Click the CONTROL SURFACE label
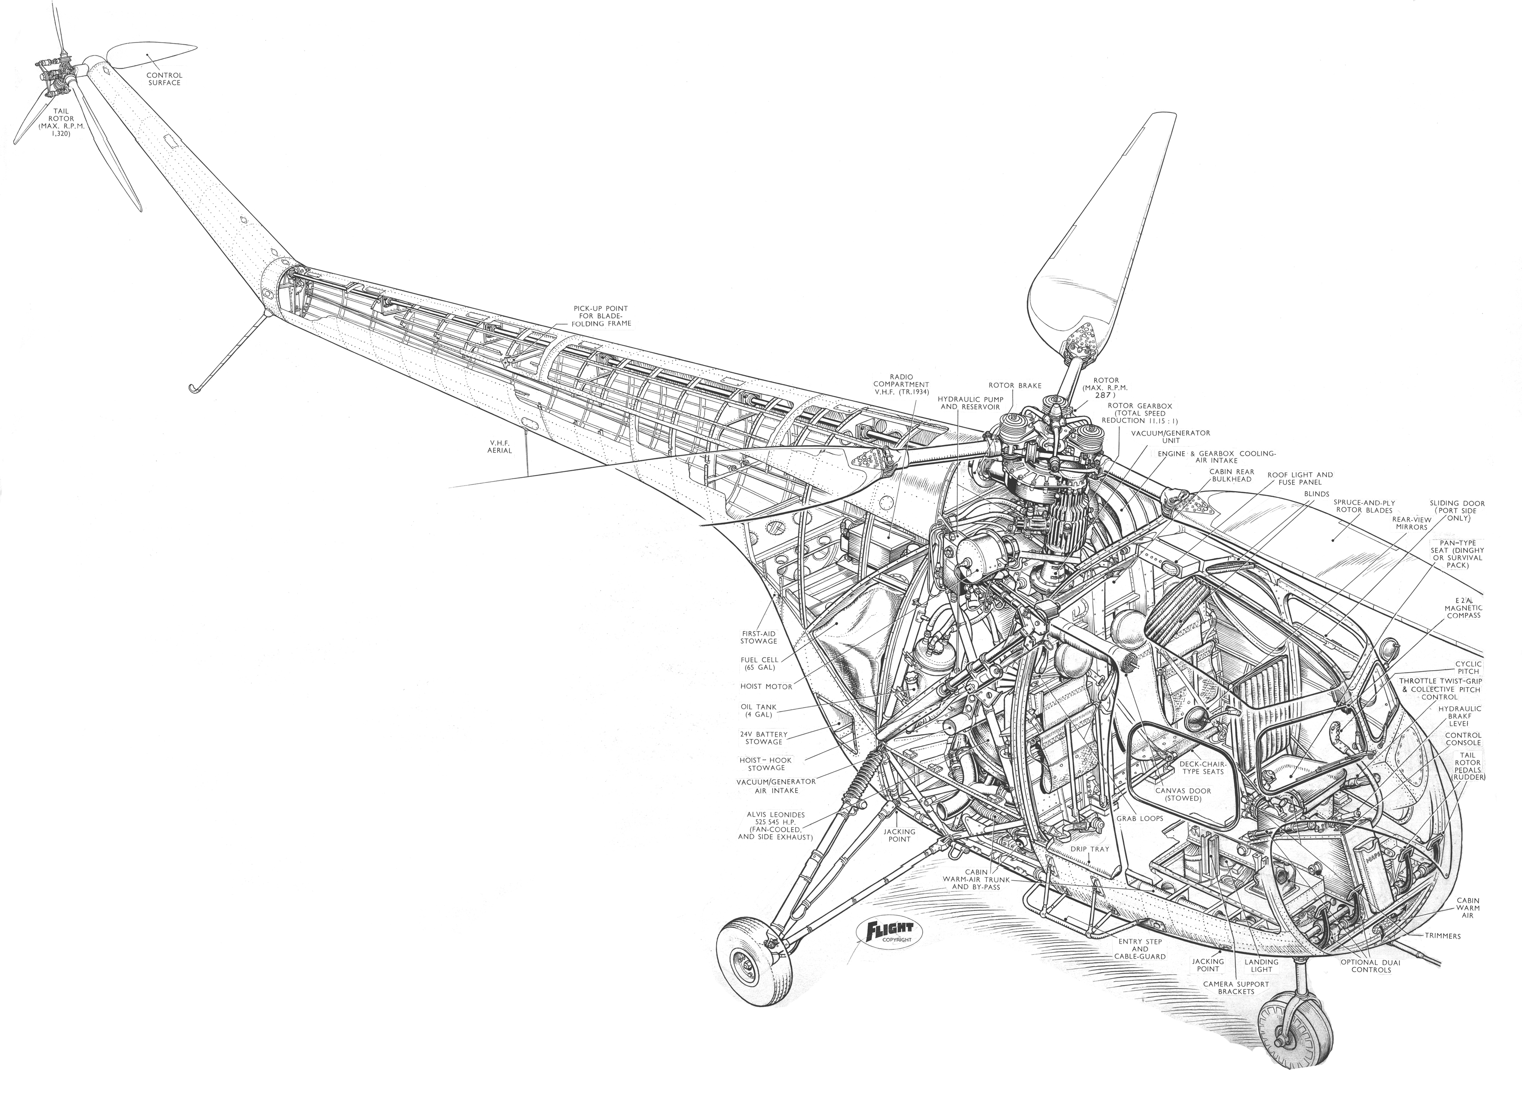click(x=164, y=79)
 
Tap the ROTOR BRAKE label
click(x=1015, y=385)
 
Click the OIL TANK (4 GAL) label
click(x=758, y=711)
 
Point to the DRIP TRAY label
click(x=1090, y=849)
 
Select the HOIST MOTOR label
click(x=766, y=686)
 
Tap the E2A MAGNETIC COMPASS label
click(x=1463, y=607)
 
